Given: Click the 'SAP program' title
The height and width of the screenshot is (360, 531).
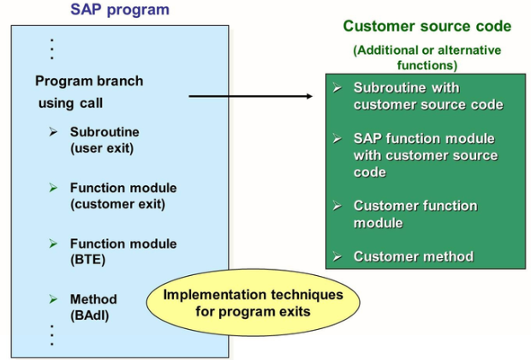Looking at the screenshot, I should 119,10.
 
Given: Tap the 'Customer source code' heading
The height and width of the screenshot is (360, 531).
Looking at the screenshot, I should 427,27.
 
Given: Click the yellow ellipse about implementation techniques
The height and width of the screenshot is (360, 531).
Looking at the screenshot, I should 253,303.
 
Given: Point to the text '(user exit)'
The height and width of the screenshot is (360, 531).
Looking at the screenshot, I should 101,148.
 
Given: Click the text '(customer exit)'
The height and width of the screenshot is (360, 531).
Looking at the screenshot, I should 117,204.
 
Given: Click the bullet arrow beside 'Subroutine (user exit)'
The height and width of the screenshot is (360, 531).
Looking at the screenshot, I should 53,132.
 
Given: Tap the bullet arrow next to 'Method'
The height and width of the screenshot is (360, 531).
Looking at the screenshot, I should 53,299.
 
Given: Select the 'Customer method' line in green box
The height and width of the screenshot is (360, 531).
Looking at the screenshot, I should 413,256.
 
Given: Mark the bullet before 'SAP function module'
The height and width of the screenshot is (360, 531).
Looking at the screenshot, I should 337,139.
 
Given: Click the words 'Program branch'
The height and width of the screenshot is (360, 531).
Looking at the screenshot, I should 89,81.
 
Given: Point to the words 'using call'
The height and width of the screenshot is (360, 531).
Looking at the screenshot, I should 69,104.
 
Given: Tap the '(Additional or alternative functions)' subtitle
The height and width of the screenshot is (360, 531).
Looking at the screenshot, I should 427,57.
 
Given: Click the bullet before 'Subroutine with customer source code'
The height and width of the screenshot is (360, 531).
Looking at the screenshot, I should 337,88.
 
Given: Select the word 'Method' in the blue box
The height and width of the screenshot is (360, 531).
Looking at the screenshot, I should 93,299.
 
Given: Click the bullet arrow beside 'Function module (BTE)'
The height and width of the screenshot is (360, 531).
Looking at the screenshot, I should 53,243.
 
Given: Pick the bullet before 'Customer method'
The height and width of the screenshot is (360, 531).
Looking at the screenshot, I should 337,256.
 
